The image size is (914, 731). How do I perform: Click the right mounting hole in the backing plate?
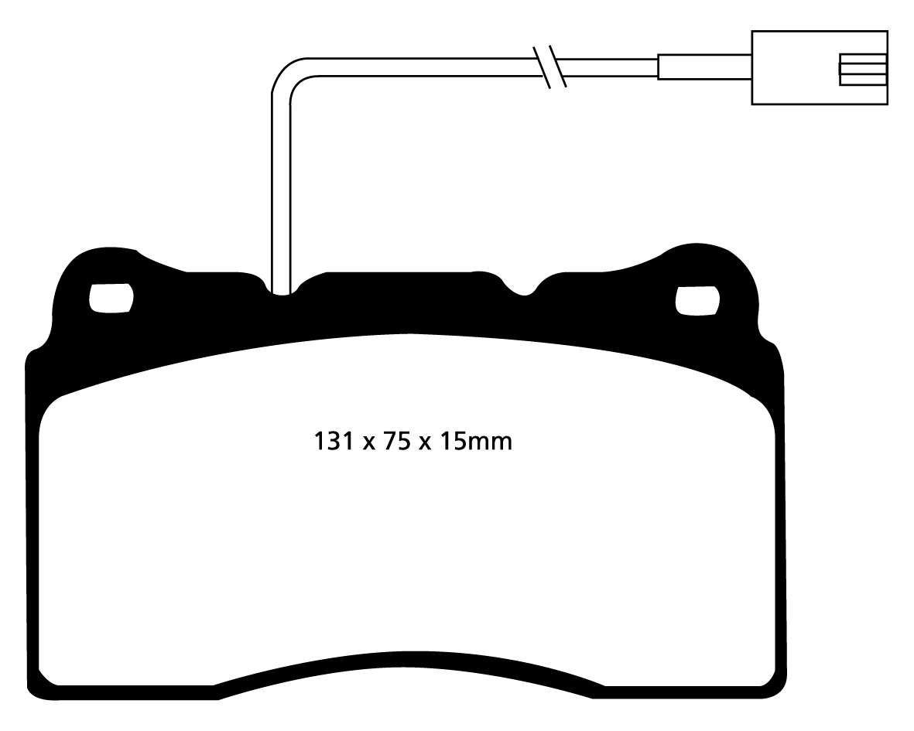(x=697, y=300)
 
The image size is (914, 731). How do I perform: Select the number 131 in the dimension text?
(x=334, y=442)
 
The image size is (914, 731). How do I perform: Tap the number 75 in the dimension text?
(x=392, y=442)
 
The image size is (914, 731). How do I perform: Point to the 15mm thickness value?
(x=475, y=442)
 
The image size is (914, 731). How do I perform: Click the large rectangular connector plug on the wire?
(x=819, y=67)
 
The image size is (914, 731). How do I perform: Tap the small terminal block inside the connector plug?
(x=862, y=69)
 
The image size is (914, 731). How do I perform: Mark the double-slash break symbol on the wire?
(x=551, y=67)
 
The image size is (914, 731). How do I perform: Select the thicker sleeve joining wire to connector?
(x=703, y=67)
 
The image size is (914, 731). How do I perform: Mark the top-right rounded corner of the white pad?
(x=762, y=410)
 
